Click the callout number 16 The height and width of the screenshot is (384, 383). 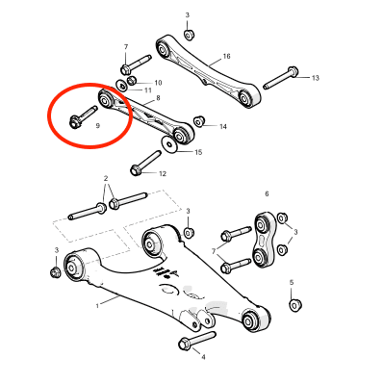click(226, 57)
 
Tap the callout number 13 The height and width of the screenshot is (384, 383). click(316, 78)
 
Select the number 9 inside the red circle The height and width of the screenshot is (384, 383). click(98, 126)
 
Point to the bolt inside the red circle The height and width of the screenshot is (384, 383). click(83, 117)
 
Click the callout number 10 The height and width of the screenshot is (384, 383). click(158, 83)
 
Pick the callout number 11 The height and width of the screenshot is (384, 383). click(147, 90)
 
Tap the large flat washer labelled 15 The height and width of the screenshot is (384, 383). click(168, 144)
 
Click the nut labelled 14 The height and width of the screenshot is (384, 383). click(199, 120)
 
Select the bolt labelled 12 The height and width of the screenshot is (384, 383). click(145, 163)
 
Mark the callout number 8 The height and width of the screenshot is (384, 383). click(158, 98)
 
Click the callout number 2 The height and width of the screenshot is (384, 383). click(106, 178)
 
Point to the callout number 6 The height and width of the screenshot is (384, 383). click(267, 193)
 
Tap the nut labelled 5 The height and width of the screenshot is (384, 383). click(295, 304)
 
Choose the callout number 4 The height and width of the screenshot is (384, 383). click(203, 357)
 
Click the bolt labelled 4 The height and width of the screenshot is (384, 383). click(196, 340)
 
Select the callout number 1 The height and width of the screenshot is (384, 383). click(97, 306)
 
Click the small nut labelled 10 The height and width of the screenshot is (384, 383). click(132, 80)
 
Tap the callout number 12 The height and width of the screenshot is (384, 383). click(163, 174)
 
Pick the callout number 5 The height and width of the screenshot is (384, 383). click(292, 283)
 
